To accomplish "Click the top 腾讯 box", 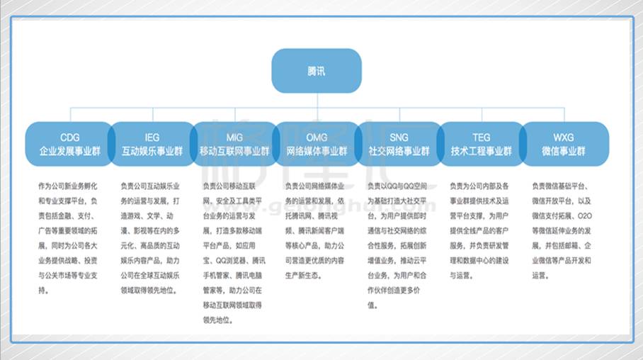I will tap(317, 71).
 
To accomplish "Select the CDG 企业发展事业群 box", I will tap(69, 144).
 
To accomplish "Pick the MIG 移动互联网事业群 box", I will tap(234, 144).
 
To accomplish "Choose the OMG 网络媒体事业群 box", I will tap(317, 144).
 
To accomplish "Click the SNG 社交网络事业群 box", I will tap(399, 144).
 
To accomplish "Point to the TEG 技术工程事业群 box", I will tap(481, 144).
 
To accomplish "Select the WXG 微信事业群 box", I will tap(564, 144).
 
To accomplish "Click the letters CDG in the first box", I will tap(69, 137).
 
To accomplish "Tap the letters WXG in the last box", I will tap(564, 137).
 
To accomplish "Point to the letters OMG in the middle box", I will tap(317, 137).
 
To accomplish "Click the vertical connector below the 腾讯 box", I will tap(317, 100).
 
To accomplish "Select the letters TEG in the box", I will tap(481, 137).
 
